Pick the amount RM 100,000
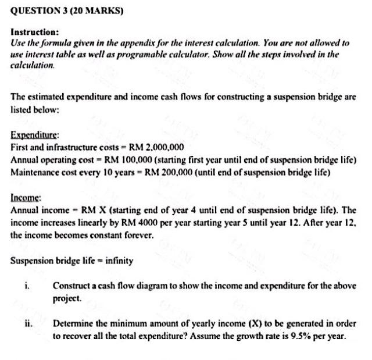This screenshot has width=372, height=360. click(119, 159)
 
